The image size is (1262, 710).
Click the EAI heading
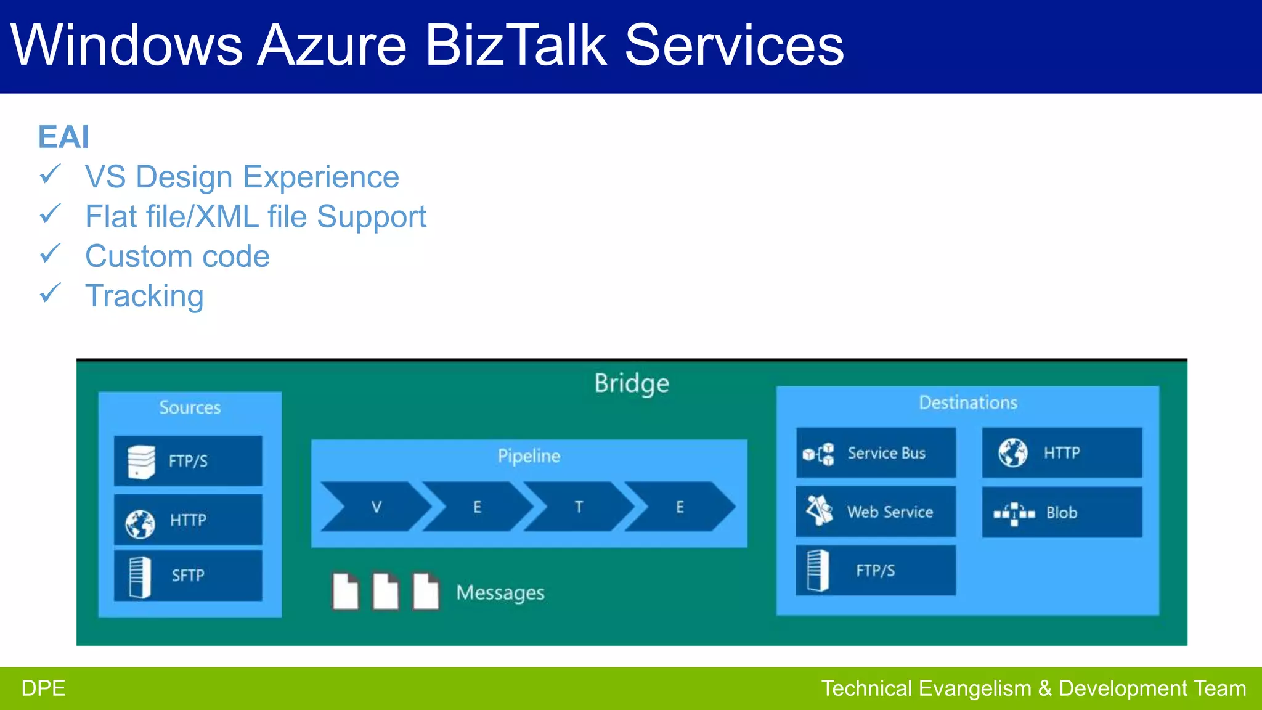(x=63, y=137)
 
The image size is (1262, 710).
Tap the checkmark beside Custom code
(x=50, y=254)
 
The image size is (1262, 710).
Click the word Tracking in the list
(x=144, y=296)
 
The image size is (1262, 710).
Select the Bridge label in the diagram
(x=632, y=383)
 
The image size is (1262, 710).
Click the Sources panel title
(x=190, y=407)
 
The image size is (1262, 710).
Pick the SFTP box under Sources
(x=188, y=575)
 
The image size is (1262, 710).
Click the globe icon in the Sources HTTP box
(x=140, y=523)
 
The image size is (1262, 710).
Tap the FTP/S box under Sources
(x=188, y=461)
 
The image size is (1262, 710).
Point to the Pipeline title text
(x=529, y=456)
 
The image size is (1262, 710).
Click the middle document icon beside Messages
(x=386, y=592)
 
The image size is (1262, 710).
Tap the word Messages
(x=500, y=593)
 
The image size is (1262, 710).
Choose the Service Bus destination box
(x=876, y=453)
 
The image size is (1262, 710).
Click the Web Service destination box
(x=876, y=512)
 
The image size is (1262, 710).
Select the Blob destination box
(x=1062, y=512)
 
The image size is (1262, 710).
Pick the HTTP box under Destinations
(x=1062, y=453)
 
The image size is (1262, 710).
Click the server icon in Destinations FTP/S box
(x=818, y=570)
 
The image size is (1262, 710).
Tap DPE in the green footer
(x=43, y=688)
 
